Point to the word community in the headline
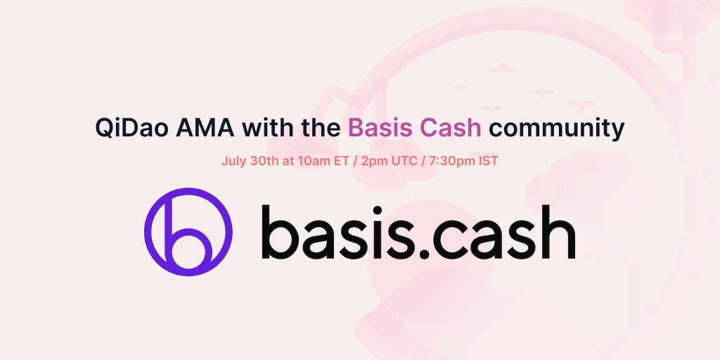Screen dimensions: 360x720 (x=556, y=128)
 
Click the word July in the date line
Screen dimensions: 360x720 (x=233, y=160)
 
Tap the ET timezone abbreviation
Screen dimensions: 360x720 (x=340, y=160)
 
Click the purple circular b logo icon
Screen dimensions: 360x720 (x=188, y=231)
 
